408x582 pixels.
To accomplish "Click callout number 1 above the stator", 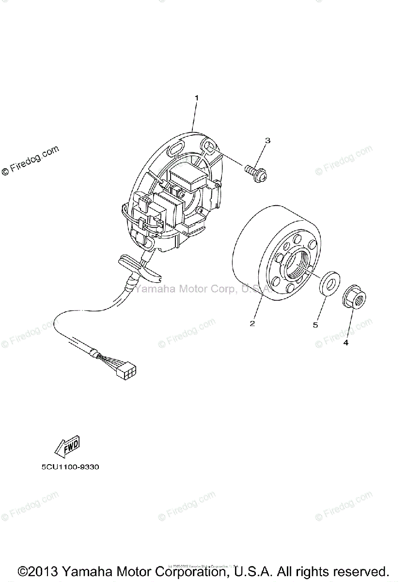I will point(196,98).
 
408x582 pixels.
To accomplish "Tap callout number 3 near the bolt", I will point(267,141).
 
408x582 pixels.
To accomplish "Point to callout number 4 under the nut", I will point(345,343).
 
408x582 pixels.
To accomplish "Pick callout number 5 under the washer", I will point(315,325).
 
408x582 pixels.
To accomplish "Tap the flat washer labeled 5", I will point(327,283).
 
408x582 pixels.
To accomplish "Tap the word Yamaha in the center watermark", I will point(151,290).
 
